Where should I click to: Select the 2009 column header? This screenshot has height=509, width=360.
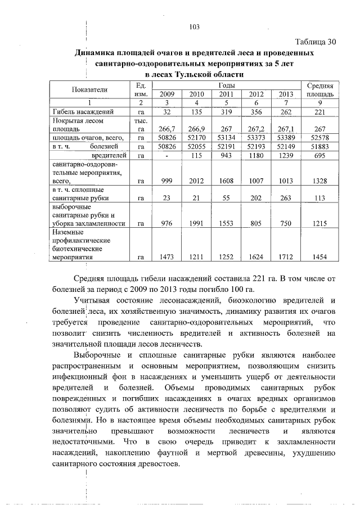[167, 94]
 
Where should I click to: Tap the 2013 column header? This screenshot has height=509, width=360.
[286, 94]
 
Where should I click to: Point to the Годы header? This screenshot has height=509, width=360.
[227, 84]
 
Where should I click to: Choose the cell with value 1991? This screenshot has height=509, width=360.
[197, 223]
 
